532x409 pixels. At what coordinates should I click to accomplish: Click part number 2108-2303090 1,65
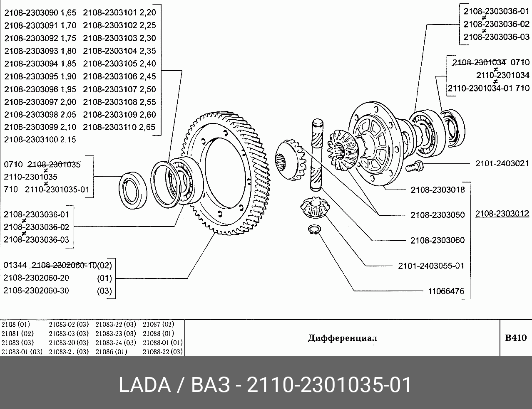coord(40,13)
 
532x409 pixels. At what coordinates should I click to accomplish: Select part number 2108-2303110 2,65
coord(119,127)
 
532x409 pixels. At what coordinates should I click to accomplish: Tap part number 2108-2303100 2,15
coord(40,140)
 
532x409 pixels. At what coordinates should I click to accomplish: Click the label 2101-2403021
coord(502,164)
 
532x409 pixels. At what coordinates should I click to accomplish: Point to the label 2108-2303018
coord(438,190)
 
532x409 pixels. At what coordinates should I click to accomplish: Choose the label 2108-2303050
coord(438,215)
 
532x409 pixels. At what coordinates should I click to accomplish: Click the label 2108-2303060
coord(438,240)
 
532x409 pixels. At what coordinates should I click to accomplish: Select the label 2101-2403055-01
coord(431,266)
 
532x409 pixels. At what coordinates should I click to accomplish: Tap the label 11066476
coord(446,291)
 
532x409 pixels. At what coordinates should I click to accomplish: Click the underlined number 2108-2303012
coord(502,214)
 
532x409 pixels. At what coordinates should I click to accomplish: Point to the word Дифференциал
coord(342,338)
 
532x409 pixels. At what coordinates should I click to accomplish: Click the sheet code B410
coord(516,338)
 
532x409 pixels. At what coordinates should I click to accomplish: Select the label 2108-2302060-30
coord(36,291)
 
